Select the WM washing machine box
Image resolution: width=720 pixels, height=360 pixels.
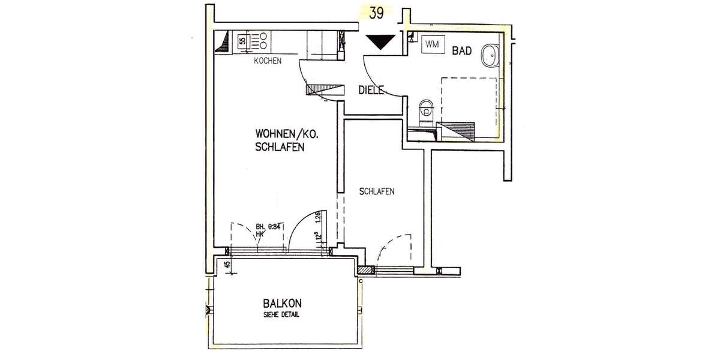pos(432,44)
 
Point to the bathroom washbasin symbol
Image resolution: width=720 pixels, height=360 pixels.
pos(488,55)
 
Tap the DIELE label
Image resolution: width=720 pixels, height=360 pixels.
pos(371,91)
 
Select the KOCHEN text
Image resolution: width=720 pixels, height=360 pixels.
pos(268,62)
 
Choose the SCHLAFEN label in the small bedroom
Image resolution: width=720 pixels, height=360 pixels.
pos(376,192)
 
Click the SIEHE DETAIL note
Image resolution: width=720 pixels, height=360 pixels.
pos(281,315)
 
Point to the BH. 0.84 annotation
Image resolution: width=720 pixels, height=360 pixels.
pos(268,227)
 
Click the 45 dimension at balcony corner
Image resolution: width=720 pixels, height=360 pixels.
pos(227,264)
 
